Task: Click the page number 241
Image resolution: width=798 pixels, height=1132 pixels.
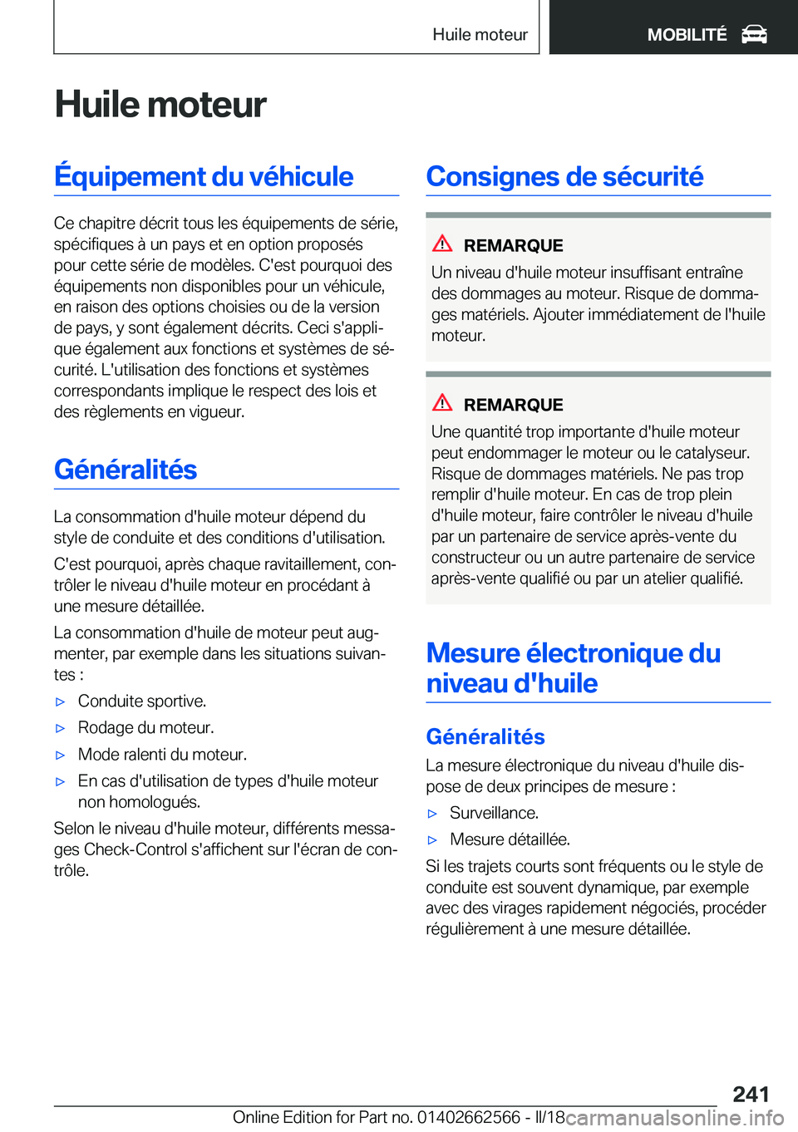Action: tap(751, 1094)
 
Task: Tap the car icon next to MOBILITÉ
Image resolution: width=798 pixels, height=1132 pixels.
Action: tap(754, 34)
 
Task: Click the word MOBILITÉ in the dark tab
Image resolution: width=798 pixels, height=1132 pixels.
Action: tap(687, 35)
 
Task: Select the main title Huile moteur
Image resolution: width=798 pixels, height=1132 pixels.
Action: tap(160, 105)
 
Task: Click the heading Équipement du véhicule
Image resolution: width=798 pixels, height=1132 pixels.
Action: tap(204, 176)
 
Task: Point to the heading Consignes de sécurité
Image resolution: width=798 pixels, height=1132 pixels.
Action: tap(564, 176)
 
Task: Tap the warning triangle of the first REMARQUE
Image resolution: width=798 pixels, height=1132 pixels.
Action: tap(442, 244)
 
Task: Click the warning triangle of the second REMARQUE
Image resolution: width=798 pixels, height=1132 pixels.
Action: tap(442, 403)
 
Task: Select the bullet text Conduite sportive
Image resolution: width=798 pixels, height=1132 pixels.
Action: tap(142, 701)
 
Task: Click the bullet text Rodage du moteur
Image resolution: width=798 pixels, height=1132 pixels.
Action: tap(145, 728)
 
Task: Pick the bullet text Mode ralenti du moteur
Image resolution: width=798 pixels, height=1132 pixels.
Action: tap(162, 755)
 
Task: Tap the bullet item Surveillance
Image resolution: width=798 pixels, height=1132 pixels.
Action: tap(494, 813)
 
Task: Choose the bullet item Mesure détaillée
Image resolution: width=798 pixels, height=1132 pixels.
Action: tap(510, 839)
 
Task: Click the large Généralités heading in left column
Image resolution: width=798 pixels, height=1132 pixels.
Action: tap(126, 470)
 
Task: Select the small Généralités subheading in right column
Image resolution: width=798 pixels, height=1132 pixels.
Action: tap(485, 736)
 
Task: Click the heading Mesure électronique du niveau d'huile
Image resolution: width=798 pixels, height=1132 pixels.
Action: tap(573, 668)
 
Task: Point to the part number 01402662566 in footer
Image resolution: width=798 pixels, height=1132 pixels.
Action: tap(469, 1117)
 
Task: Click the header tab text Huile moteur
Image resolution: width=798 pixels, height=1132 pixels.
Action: tap(480, 35)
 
